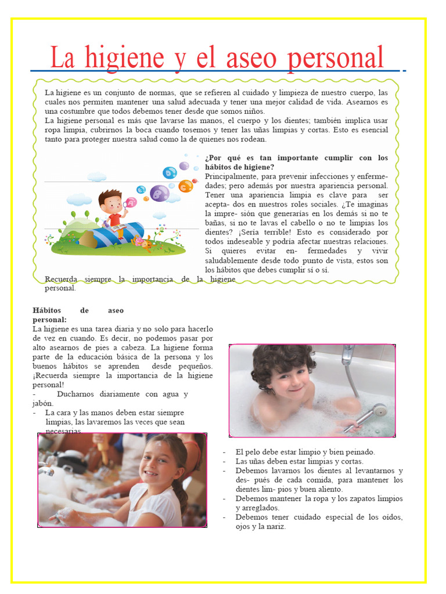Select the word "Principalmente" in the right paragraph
231,176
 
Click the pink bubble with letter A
131,202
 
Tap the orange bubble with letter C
186,186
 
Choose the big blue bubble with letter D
170,172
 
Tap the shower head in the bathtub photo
378,411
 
